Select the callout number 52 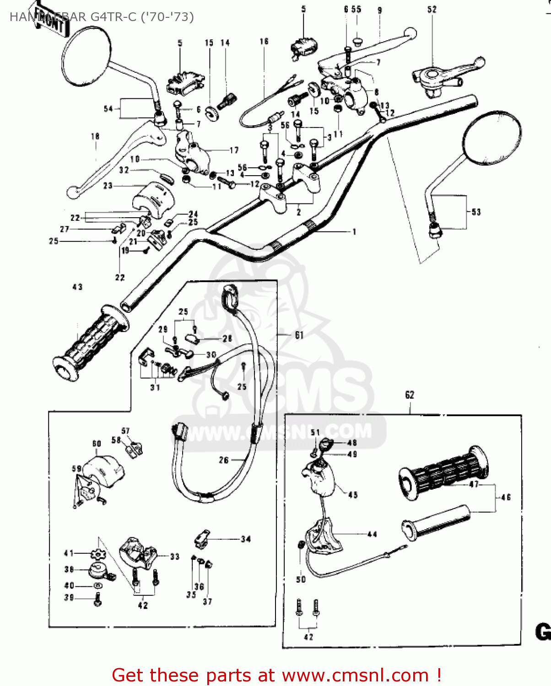point(432,10)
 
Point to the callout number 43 point(77,287)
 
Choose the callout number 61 point(299,335)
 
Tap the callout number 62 point(410,395)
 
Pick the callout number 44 point(372,534)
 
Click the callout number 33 point(175,557)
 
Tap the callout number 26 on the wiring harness point(223,460)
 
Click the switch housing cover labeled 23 point(154,197)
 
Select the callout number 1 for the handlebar point(354,232)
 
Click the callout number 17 point(234,150)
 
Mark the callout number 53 point(476,212)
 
